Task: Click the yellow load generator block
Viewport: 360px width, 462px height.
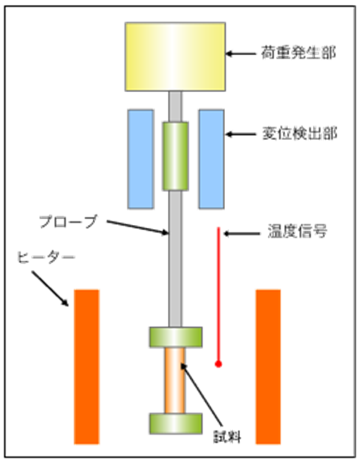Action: [175, 56]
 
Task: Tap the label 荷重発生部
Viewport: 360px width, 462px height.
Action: [299, 53]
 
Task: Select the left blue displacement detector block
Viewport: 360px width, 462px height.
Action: [141, 159]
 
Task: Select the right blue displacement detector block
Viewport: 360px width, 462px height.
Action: [211, 159]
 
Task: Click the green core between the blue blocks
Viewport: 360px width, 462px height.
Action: [176, 156]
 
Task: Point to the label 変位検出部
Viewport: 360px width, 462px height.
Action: [299, 134]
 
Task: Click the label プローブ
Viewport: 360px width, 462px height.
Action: [69, 221]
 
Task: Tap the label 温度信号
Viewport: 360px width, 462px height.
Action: [297, 231]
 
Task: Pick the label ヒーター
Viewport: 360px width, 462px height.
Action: [46, 258]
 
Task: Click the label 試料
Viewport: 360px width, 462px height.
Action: [227, 436]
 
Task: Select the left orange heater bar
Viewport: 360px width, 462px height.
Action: [86, 366]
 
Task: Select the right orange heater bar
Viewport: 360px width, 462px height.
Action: [268, 366]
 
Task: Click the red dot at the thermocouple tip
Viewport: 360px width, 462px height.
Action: [218, 364]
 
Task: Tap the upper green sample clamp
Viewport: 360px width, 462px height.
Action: [176, 337]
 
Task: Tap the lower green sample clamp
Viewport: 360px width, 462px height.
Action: [176, 423]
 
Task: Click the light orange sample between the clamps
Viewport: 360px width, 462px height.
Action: [175, 381]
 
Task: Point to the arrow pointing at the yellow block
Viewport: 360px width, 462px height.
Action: [241, 54]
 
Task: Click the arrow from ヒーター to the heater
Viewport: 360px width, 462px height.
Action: [50, 288]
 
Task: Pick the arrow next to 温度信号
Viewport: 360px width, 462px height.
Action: [241, 234]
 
